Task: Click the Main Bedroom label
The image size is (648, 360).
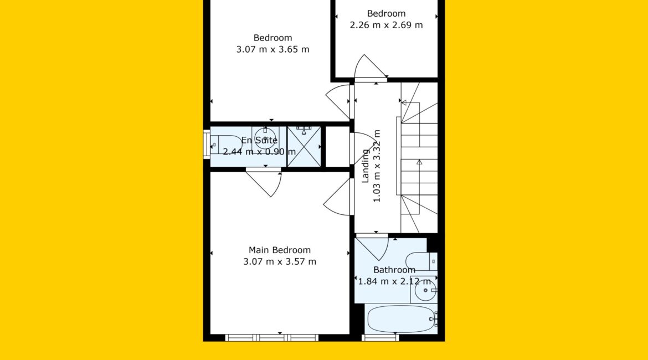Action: [x=279, y=250]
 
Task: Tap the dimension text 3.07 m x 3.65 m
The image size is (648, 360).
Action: [x=272, y=50]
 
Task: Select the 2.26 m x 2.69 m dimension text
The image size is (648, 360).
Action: [x=387, y=25]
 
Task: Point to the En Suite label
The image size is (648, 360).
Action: [x=260, y=140]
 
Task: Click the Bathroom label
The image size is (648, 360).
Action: [x=394, y=270]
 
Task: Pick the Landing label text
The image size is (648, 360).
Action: [x=366, y=166]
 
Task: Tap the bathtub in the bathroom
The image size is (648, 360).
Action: [x=402, y=319]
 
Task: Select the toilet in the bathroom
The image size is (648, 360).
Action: [x=421, y=261]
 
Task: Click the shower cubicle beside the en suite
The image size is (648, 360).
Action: [x=304, y=147]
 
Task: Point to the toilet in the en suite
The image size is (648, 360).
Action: [x=227, y=145]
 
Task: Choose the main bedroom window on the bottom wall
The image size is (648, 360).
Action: [x=272, y=338]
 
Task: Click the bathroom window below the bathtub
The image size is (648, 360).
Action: [x=380, y=338]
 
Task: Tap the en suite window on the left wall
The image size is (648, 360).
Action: [x=207, y=144]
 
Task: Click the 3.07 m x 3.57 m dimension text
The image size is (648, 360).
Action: [x=280, y=261]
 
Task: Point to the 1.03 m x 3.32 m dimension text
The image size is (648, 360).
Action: [x=377, y=166]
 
